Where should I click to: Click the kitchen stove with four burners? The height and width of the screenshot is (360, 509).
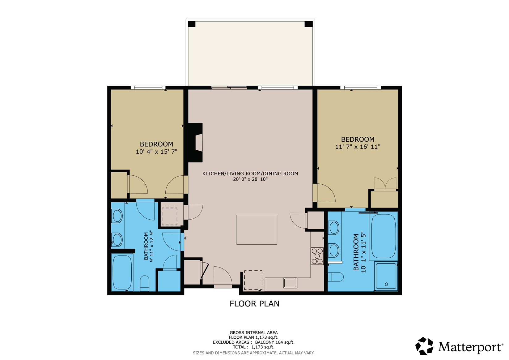pyautogui.click(x=317, y=256)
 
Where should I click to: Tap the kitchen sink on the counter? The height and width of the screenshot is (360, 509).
pyautogui.click(x=290, y=283)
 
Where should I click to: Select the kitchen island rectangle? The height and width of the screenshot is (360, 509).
pyautogui.click(x=257, y=229)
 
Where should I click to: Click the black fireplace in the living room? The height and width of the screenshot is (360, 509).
pyautogui.click(x=195, y=142)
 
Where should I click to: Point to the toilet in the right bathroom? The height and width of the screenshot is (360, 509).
pyautogui.click(x=336, y=277)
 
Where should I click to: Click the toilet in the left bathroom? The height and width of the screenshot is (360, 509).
pyautogui.click(x=145, y=283)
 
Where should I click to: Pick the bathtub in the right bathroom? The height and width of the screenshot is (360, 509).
pyautogui.click(x=383, y=236)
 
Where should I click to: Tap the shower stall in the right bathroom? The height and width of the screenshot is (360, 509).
pyautogui.click(x=386, y=276)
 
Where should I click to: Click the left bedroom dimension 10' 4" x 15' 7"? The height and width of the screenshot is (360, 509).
pyautogui.click(x=156, y=152)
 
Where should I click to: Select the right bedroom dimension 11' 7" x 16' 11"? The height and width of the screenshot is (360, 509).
pyautogui.click(x=358, y=147)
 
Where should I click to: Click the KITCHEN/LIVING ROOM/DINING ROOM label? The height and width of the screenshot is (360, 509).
pyautogui.click(x=250, y=174)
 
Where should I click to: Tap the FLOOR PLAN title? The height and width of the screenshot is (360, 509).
pyautogui.click(x=254, y=304)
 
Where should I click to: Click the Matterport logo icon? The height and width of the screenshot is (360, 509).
pyautogui.click(x=425, y=346)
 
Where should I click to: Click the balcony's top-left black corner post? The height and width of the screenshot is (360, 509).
pyautogui.click(x=192, y=24)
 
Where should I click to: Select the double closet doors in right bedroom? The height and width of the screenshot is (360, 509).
pyautogui.click(x=385, y=183)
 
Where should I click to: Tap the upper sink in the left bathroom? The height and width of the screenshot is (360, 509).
pyautogui.click(x=117, y=216)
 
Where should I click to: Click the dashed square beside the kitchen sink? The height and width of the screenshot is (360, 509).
pyautogui.click(x=253, y=280)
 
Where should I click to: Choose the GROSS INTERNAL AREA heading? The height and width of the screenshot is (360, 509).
pyautogui.click(x=253, y=332)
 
